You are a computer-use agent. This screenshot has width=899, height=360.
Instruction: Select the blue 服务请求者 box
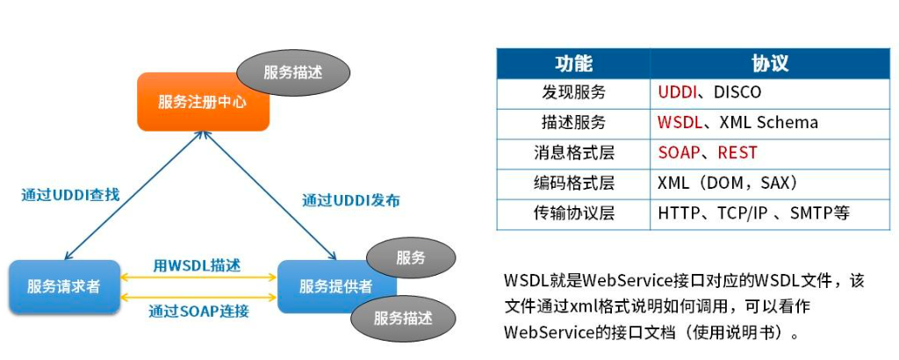point(63,286)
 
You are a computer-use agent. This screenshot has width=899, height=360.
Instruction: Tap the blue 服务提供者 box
point(335,286)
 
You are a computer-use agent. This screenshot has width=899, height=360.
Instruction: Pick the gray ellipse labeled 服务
point(410,257)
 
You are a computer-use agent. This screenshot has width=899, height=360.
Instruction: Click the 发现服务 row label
point(573,92)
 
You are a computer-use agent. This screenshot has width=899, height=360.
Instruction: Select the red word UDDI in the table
point(677,92)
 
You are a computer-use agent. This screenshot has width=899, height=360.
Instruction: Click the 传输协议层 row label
point(573,213)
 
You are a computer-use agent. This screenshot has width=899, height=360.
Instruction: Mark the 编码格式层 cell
point(573,184)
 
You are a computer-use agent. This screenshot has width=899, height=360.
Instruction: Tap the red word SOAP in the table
point(679,153)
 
